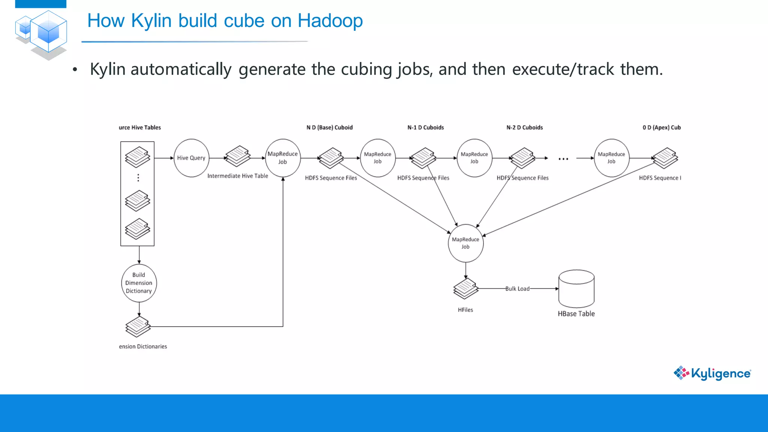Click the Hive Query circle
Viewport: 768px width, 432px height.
point(191,158)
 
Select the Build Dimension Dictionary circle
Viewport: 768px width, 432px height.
point(139,283)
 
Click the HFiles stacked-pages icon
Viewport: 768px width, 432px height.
point(466,288)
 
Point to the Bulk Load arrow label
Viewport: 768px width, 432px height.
point(517,289)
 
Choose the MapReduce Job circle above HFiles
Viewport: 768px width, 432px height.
point(466,243)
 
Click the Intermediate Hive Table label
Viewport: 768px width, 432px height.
point(238,176)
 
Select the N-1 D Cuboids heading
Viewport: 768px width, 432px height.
point(426,127)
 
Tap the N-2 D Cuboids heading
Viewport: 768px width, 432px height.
point(525,127)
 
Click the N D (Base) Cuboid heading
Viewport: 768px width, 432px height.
point(330,127)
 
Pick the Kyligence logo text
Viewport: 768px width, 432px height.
point(720,373)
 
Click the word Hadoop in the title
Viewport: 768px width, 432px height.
point(330,21)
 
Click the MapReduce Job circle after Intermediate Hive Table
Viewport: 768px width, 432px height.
point(283,158)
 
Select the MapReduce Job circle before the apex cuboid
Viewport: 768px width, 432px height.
point(611,158)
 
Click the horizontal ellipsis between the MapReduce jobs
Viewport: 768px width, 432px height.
point(563,159)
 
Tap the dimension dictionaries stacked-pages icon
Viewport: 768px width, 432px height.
point(138,326)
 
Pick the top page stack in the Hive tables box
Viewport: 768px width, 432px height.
point(138,157)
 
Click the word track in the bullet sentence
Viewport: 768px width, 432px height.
point(595,69)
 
